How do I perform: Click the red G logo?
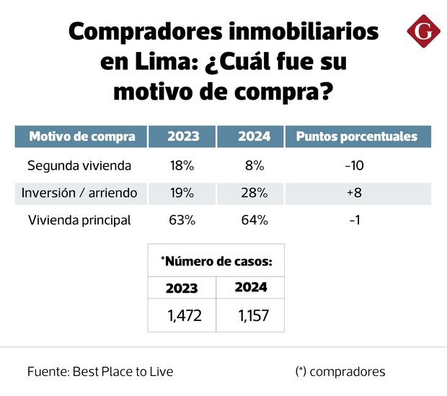point(423,32)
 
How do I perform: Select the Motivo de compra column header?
point(80,136)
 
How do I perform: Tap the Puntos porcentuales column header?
point(358,136)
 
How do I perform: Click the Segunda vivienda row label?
point(79,165)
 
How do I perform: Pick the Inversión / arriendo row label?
point(80,193)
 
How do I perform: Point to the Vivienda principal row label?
point(79,221)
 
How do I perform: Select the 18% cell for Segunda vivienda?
point(182,165)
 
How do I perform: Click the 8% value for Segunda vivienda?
point(254,165)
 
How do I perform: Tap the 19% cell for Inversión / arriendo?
point(182,193)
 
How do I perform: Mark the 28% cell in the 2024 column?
point(254,193)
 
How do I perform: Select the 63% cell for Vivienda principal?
point(182,221)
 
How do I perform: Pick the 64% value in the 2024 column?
point(254,221)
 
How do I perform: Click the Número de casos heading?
point(216,261)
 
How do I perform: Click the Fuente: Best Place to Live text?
point(100,372)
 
